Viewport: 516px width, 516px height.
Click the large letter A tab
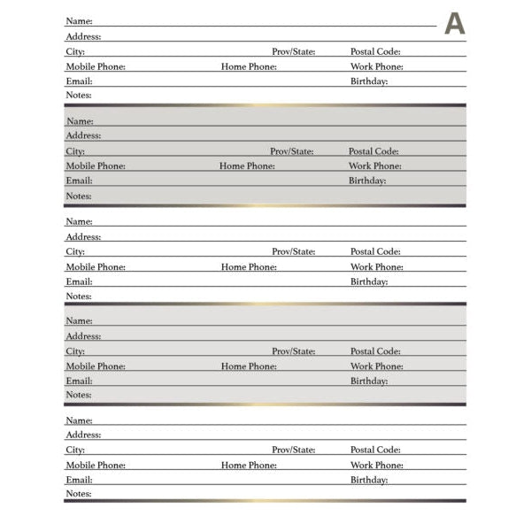[454, 24]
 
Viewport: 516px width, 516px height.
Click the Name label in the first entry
[79, 21]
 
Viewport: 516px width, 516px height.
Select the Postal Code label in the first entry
[375, 52]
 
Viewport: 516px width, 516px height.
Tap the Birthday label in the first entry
[369, 81]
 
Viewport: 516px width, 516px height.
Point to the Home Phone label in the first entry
[249, 67]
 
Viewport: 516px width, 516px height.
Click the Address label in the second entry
[83, 136]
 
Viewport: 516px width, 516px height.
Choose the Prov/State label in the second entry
[292, 151]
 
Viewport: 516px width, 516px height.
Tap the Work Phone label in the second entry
[374, 166]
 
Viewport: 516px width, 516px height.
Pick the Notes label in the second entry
[79, 196]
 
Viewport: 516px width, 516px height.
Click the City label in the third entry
[75, 252]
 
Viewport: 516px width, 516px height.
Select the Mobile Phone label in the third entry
[96, 267]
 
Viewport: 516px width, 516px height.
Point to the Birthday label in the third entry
[369, 282]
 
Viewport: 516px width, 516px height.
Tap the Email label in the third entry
[79, 282]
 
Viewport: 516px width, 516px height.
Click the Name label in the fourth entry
[79, 321]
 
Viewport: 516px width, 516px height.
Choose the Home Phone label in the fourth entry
[249, 366]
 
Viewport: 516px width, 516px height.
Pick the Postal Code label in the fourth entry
[375, 351]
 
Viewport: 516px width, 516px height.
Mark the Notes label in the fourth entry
[79, 396]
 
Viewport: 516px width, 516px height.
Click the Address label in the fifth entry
[83, 435]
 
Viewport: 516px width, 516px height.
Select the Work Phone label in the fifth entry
[376, 466]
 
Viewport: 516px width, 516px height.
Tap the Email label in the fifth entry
[79, 480]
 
